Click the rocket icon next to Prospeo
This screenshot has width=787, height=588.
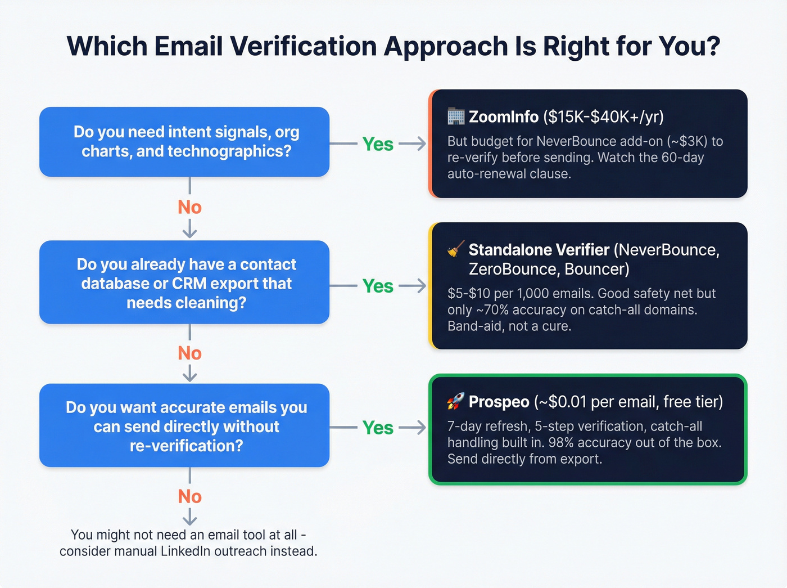[455, 402]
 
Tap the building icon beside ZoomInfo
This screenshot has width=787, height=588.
[456, 116]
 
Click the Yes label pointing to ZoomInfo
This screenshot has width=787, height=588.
[378, 144]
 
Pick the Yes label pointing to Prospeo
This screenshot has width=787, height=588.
[378, 428]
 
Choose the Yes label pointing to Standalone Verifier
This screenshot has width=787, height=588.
[378, 286]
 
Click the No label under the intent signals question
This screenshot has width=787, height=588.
[189, 207]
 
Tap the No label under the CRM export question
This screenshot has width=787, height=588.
[189, 353]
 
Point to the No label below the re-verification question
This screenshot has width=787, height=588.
[189, 496]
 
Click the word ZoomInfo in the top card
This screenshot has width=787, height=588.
[504, 116]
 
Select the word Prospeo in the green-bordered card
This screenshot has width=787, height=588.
[499, 402]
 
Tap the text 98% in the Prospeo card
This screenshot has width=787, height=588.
[561, 442]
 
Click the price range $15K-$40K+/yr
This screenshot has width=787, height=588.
[603, 116]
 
